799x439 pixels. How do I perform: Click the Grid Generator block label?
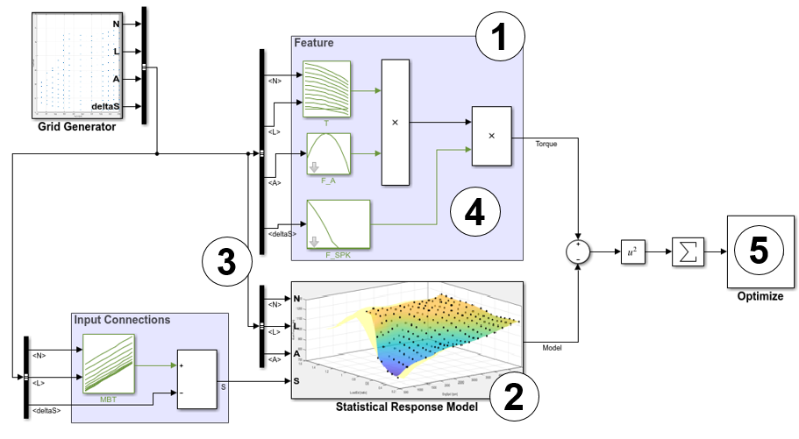coord(76,127)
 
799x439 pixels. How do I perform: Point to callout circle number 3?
coord(227,261)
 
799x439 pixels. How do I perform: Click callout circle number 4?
coord(475,211)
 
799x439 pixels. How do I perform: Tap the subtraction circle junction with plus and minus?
coord(577,252)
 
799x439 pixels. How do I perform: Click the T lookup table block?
coord(326,89)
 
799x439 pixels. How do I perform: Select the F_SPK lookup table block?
coord(338,225)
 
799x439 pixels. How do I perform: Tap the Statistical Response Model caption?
coord(406,407)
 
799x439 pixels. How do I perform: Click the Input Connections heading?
coord(122,319)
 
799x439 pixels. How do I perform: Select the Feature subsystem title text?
coord(313,42)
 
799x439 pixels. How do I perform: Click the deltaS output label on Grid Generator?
coord(105,107)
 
